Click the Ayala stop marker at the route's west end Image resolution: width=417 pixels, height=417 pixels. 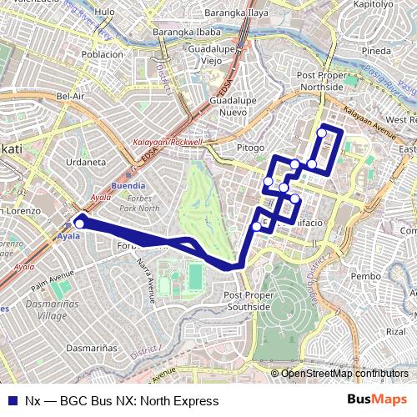coord(80,223)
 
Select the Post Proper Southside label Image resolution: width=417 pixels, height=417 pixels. coord(248,301)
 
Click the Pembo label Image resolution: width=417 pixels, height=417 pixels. coord(366,275)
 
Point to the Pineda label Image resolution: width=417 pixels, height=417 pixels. coord(376,51)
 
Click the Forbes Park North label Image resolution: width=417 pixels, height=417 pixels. coord(139,202)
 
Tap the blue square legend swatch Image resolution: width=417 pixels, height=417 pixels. coord(13,400)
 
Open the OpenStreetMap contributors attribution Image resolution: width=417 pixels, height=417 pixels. coord(344,374)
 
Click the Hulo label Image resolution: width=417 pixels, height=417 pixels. coord(105,13)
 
